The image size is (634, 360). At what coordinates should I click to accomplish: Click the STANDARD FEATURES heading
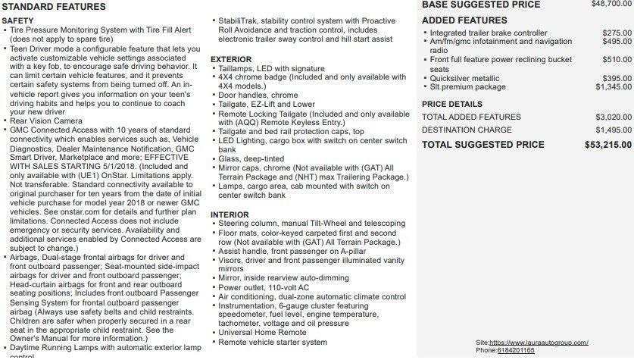point(54,6)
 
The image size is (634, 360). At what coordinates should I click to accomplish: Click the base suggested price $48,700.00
point(611,4)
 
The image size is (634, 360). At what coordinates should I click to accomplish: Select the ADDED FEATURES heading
point(464,20)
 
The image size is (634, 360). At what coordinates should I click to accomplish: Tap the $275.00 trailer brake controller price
point(617,33)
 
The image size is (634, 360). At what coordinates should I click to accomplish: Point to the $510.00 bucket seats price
point(617,59)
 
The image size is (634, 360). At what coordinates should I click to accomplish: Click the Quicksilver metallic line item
point(464,78)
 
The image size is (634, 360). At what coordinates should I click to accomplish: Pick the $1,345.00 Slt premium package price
point(614,87)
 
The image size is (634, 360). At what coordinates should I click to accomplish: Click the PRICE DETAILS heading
point(452,104)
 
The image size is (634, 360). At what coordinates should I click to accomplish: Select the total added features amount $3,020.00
point(614,117)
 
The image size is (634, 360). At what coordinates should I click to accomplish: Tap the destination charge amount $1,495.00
point(614,130)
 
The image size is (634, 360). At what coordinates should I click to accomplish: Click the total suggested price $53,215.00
point(610,144)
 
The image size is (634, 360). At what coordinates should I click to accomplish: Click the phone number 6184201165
point(516,350)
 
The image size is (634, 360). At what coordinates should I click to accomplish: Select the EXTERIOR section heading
point(231,58)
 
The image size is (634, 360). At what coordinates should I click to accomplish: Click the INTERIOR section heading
point(230,214)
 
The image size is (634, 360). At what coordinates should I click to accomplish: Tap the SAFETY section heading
point(17,20)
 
